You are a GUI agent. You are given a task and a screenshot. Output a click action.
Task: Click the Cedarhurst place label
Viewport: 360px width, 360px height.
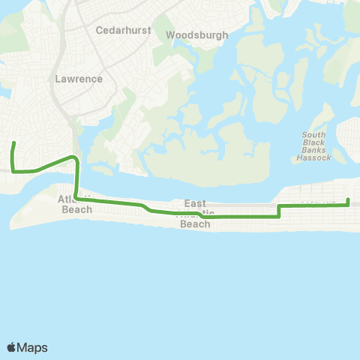click(124, 31)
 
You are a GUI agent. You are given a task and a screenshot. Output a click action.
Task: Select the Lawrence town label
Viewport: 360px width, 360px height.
click(79, 78)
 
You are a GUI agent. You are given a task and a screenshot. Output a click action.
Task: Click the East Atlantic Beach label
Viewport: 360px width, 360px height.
click(196, 214)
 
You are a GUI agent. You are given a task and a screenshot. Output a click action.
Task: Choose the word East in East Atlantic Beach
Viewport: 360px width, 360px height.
click(196, 203)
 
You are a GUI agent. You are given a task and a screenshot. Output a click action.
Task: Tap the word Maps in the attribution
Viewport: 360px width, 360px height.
click(32, 347)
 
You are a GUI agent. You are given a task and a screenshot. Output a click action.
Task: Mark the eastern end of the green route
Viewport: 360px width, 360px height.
click(348, 199)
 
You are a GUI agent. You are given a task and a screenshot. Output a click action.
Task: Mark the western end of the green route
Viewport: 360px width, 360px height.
click(13, 143)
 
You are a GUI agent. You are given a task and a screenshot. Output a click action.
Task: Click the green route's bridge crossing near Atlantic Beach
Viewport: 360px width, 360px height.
click(76, 180)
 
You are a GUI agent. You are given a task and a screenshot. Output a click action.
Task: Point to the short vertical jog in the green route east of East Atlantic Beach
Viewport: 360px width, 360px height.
click(279, 210)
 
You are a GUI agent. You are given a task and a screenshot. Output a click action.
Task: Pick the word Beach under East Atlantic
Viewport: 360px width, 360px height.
click(196, 223)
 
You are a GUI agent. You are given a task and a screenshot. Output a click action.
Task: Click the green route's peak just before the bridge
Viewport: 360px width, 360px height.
click(72, 157)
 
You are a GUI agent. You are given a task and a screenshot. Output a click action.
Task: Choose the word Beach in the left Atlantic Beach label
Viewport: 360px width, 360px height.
click(77, 209)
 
